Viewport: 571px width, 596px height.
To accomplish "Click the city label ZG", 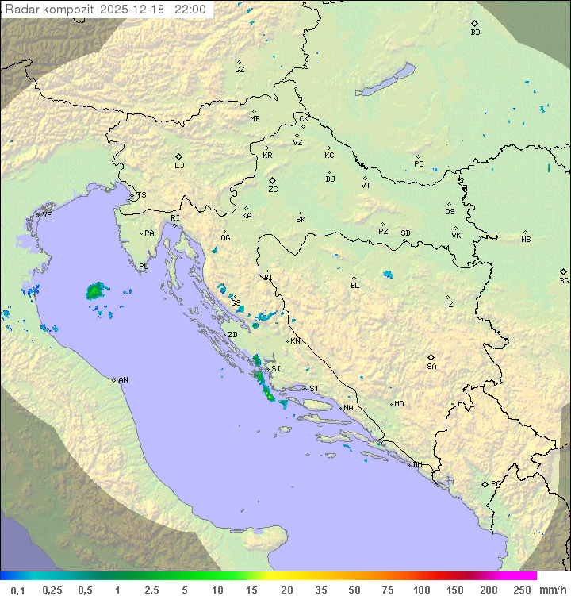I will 273,190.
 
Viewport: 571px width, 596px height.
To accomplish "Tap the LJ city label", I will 179,166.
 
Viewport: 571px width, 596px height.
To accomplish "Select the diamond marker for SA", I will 431,357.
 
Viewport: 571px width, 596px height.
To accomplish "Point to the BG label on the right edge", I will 564,280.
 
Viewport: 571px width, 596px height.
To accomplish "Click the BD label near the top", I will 475,33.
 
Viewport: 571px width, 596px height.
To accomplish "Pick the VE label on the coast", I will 47,214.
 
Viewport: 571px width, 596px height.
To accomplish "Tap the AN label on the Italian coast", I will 123,380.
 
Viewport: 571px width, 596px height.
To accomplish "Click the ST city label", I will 314,389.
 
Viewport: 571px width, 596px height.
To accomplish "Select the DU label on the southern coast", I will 416,465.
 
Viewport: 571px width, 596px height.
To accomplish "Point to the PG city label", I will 496,483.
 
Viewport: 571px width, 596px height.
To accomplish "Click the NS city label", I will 526,240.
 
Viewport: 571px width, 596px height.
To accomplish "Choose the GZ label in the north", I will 240,70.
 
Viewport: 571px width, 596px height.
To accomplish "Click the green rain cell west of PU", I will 94,291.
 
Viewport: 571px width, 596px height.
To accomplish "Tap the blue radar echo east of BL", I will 388,275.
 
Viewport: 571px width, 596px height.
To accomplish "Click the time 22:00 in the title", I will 190,10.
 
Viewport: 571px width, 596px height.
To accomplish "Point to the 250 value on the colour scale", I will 521,590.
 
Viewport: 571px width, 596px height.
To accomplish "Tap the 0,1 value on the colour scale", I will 17,590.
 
